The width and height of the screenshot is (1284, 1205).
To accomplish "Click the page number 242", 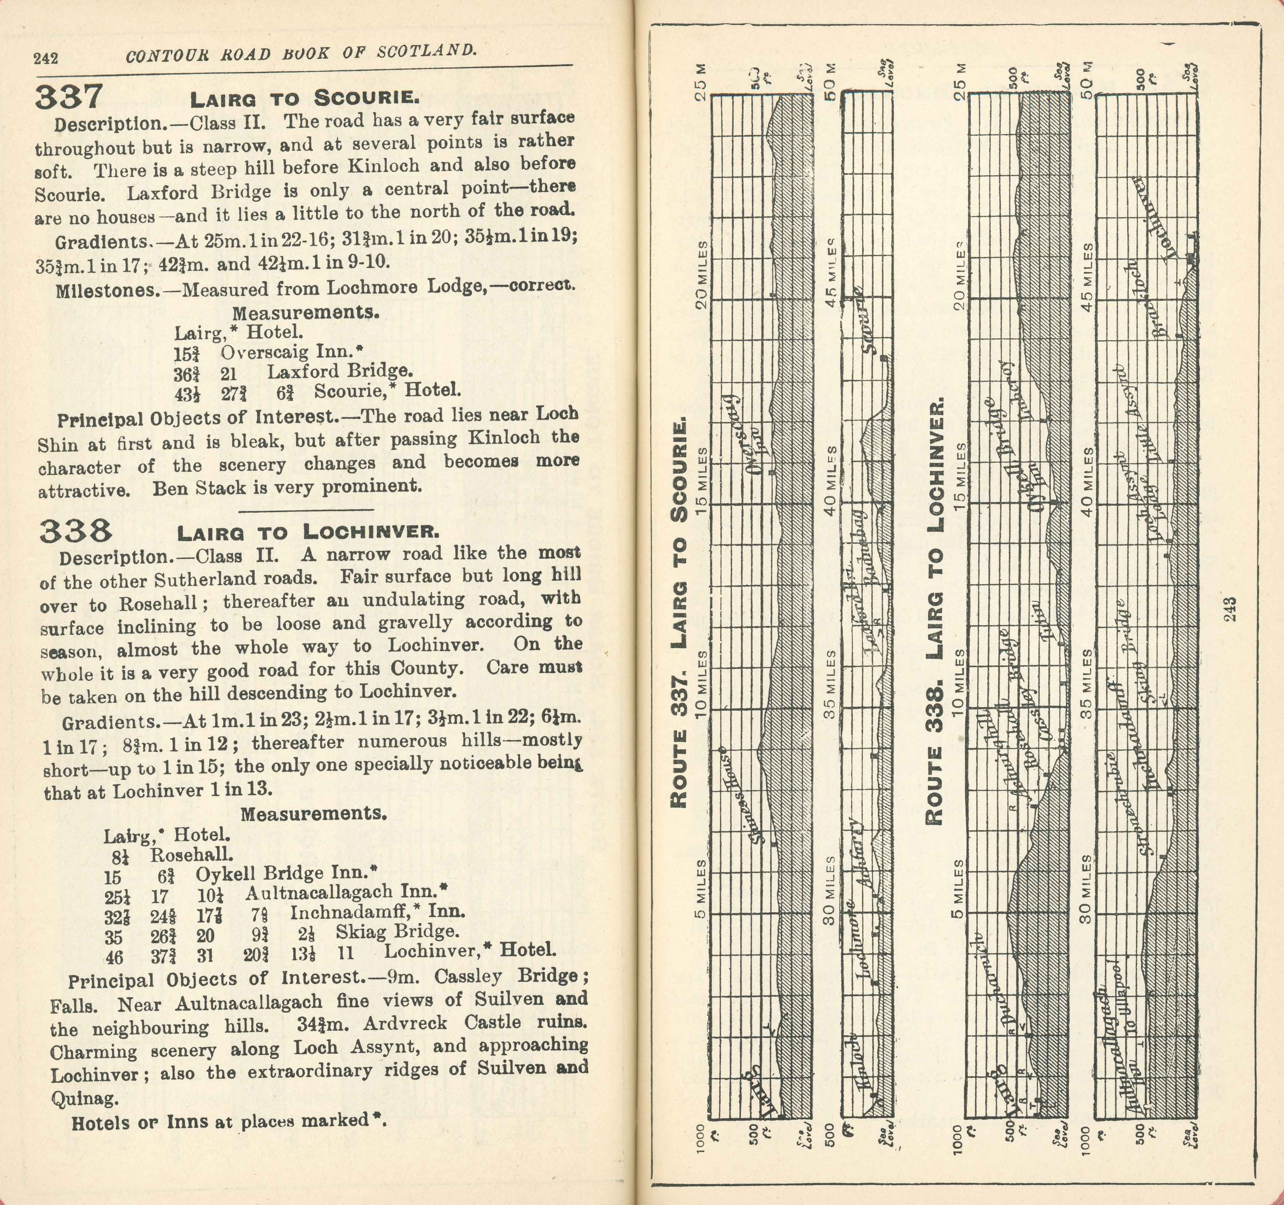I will pyautogui.click(x=46, y=58).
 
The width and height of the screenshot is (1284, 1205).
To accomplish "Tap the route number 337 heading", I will pyautogui.click(x=68, y=96).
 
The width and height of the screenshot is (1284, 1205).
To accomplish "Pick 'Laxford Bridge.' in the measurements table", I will pyautogui.click(x=340, y=371).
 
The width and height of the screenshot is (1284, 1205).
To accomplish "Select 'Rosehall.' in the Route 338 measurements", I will pyautogui.click(x=192, y=855).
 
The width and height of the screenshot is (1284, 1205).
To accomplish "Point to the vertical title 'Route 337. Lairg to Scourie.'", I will pyautogui.click(x=679, y=614).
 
